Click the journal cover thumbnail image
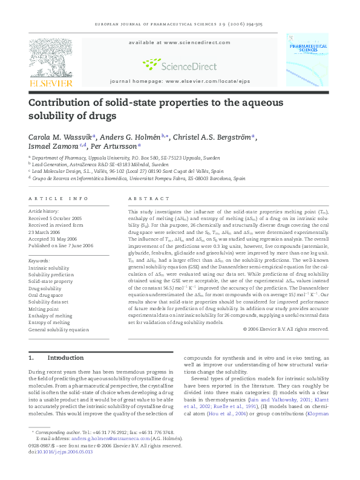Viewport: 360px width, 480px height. (x=307, y=60)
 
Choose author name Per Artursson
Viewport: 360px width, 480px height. (x=117, y=146)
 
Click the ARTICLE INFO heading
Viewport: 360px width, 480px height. (x=59, y=199)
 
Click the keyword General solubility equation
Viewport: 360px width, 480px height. (x=59, y=329)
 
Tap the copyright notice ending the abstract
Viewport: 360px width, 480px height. (x=285, y=329)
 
